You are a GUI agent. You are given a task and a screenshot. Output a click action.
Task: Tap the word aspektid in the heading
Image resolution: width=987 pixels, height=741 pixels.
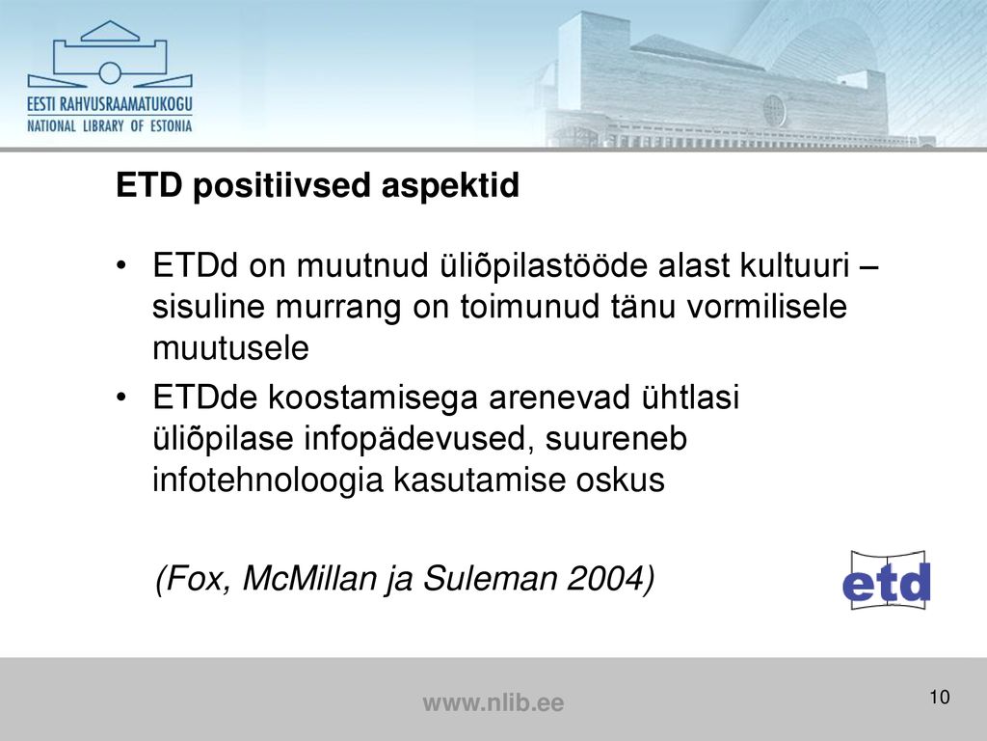point(450,186)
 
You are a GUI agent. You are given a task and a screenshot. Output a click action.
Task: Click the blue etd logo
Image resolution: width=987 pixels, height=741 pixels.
point(887,580)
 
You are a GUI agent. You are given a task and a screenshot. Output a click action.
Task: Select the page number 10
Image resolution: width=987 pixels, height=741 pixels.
point(939,697)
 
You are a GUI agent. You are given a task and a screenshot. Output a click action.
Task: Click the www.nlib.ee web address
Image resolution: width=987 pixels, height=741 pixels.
point(493,702)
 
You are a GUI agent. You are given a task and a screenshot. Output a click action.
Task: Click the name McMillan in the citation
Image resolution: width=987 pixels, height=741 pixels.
point(309,578)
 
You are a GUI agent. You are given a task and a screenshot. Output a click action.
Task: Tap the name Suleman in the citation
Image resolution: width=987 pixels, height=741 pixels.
point(491,578)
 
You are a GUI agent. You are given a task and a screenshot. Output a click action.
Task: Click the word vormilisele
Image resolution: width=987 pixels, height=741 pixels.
point(766,306)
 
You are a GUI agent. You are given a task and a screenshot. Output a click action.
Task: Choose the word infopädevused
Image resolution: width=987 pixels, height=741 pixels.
point(414,439)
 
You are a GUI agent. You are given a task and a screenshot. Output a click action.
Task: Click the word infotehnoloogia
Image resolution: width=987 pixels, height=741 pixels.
point(268,480)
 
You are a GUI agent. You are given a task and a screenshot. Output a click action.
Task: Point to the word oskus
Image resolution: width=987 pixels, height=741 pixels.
point(620,480)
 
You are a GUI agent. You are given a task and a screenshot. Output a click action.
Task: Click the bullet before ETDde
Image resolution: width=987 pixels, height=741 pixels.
point(121,397)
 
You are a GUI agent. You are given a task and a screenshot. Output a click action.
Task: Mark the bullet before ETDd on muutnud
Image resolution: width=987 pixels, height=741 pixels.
point(121,264)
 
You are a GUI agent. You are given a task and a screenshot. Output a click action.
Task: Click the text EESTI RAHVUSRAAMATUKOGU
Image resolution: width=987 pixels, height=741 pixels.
point(110,104)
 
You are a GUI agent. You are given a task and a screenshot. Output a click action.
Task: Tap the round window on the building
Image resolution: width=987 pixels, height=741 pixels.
point(774,110)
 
